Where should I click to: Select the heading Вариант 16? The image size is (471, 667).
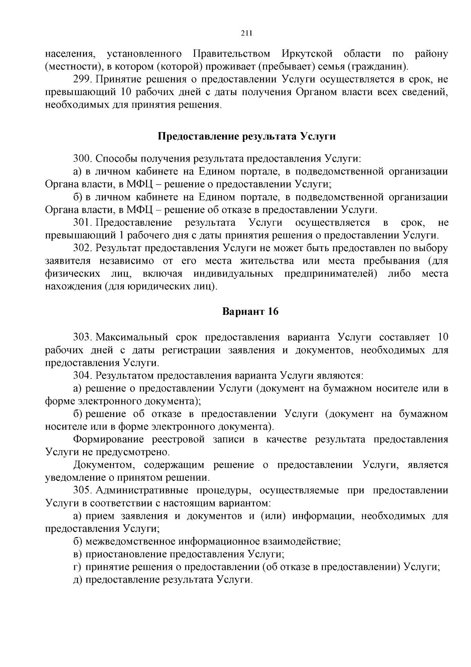(250, 312)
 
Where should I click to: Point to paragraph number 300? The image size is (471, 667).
(82, 159)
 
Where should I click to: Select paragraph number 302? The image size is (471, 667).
(82, 248)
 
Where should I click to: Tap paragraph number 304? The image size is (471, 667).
(82, 375)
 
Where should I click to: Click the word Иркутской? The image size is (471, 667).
(307, 53)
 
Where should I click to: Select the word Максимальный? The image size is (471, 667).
(132, 337)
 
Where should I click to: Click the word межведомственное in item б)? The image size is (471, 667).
(130, 541)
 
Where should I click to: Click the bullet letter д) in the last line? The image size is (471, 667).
(78, 580)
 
